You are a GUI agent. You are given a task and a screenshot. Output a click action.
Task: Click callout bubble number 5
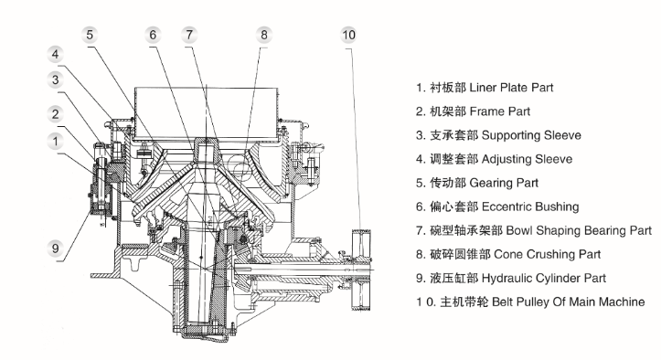click(x=90, y=35)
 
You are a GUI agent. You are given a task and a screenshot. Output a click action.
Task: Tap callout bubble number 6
click(x=153, y=35)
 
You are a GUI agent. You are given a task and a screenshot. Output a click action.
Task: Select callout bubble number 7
click(x=189, y=35)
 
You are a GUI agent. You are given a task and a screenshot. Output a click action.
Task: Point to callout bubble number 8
click(x=264, y=35)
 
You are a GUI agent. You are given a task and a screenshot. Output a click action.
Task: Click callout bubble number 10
click(x=348, y=35)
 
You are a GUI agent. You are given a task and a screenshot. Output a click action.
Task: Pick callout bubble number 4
click(x=55, y=55)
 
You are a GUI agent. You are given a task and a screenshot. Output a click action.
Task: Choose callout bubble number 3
click(x=55, y=79)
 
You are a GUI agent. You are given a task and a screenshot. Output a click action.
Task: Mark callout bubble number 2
click(x=55, y=114)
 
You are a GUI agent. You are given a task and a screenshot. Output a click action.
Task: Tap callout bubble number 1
click(x=55, y=142)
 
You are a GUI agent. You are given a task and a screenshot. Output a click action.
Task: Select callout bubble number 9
click(x=55, y=249)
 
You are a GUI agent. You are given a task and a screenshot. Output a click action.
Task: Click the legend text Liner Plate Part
click(x=511, y=88)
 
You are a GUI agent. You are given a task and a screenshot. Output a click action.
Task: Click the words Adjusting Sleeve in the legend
click(x=527, y=159)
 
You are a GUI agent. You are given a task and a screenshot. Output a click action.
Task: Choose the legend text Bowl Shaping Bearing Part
click(x=579, y=230)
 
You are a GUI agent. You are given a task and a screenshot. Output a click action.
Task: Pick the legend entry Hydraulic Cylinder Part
click(x=543, y=278)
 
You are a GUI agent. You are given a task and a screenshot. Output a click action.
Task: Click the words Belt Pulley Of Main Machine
click(x=569, y=302)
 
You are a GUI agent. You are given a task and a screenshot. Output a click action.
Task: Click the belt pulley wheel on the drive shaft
click(x=361, y=270)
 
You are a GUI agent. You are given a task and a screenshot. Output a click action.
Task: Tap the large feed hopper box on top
click(x=207, y=114)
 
